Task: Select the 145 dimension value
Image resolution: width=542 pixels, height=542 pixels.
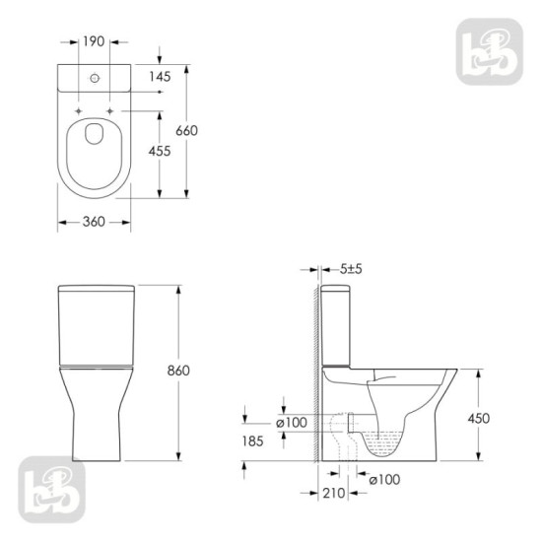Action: (x=160, y=76)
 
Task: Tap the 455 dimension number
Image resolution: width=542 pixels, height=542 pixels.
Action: (x=160, y=151)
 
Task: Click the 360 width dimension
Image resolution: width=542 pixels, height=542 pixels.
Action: (x=94, y=222)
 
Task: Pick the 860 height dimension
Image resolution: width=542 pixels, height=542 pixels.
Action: (x=178, y=370)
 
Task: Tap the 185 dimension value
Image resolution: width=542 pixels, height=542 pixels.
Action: (x=252, y=441)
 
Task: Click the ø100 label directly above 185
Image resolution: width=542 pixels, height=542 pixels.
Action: (x=293, y=422)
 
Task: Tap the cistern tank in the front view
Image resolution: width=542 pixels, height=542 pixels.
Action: (x=94, y=323)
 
